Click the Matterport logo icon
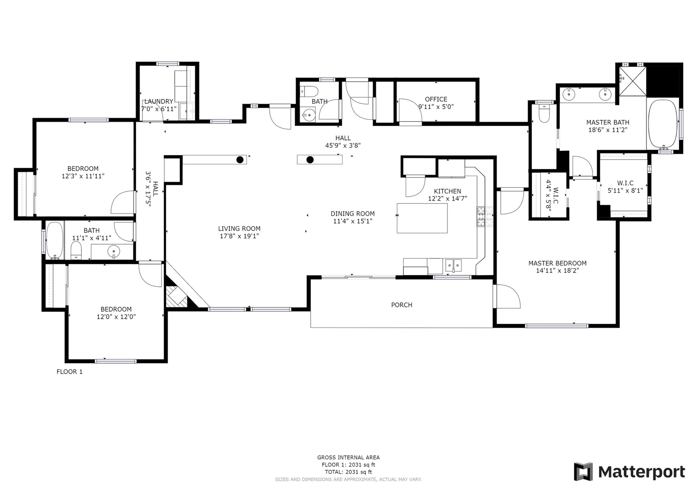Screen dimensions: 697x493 click(x=583, y=472)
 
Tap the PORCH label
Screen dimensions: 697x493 click(x=401, y=305)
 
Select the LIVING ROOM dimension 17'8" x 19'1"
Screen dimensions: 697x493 click(x=239, y=236)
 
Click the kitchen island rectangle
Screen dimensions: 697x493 click(x=422, y=218)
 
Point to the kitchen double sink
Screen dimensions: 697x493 click(x=453, y=265)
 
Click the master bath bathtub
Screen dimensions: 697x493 click(x=663, y=125)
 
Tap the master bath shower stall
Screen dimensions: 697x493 click(x=632, y=82)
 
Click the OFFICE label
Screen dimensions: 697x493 click(x=436, y=99)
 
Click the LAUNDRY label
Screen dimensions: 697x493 click(x=159, y=101)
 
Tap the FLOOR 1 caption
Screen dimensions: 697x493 click(x=69, y=371)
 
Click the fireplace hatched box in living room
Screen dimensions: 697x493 click(x=176, y=296)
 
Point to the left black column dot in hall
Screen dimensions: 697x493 click(x=240, y=160)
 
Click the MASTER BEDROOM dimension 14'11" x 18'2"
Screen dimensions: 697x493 click(x=557, y=271)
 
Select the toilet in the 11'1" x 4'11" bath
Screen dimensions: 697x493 click(x=76, y=251)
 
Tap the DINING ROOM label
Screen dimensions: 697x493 click(x=352, y=214)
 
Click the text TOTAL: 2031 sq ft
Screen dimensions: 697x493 click(x=348, y=472)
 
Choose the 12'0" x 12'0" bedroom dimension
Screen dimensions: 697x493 click(x=116, y=317)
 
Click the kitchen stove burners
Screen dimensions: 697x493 click(x=485, y=217)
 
